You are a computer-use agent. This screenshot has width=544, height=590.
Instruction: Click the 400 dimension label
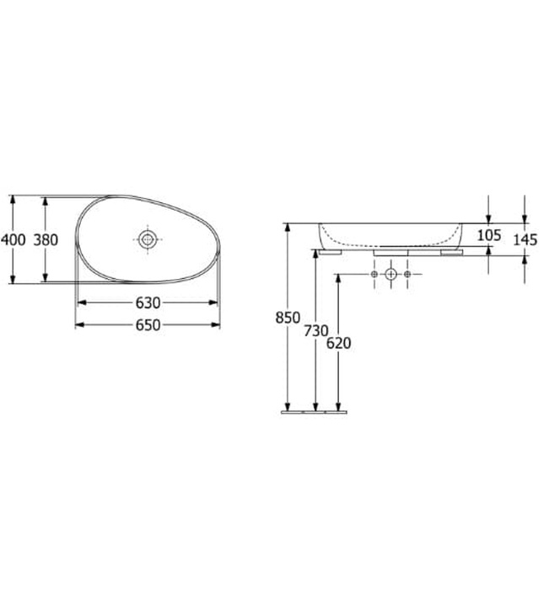click(13, 239)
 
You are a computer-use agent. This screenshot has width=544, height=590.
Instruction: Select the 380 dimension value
click(45, 239)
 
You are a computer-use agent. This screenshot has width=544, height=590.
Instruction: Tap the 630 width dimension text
click(148, 303)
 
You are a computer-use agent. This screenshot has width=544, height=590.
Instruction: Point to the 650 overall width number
click(148, 324)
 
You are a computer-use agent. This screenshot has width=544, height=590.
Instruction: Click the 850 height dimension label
click(288, 318)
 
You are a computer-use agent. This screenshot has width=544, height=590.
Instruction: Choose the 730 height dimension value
click(315, 331)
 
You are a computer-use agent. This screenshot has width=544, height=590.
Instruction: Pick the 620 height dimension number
click(339, 343)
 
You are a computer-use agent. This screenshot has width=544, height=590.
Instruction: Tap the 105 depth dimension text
click(488, 235)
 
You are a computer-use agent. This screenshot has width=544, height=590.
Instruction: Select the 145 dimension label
click(524, 239)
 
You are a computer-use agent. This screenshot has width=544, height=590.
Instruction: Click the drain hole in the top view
click(148, 239)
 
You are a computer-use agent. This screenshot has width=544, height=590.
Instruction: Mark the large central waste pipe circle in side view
click(390, 275)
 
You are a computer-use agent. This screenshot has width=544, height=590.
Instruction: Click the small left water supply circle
click(373, 275)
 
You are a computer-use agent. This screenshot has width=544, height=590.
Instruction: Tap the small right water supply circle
click(407, 275)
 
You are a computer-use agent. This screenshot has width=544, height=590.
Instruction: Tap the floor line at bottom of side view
click(313, 412)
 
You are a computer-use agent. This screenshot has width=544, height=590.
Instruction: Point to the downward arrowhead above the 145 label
click(524, 218)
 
